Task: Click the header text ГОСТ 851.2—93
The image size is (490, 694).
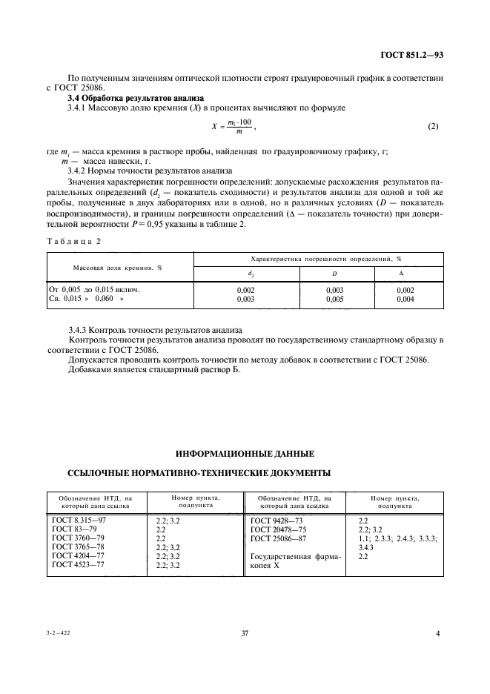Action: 411,55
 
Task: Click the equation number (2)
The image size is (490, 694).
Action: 434,126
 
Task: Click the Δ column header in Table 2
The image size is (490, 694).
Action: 405,273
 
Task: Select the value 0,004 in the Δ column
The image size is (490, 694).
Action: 405,299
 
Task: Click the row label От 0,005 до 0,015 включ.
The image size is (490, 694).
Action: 94,289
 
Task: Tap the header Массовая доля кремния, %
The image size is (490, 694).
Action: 117,267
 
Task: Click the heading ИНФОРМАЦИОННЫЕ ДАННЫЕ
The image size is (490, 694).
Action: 245,452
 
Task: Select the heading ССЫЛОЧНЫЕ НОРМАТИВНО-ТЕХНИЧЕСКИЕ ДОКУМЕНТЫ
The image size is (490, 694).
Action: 199,472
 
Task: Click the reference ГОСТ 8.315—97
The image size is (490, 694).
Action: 79,520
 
